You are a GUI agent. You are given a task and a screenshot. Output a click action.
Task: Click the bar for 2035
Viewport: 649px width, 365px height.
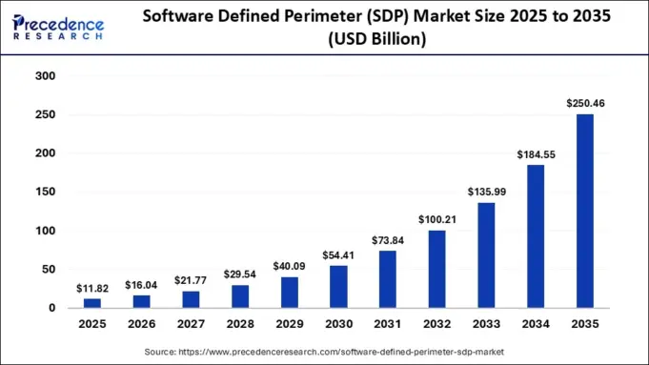584,211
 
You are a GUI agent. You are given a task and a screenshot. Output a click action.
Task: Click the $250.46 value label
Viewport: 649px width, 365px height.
584,102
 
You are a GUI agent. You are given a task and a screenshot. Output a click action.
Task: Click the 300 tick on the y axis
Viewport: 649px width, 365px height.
44,76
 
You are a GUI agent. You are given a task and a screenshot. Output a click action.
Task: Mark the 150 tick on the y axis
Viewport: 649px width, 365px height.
44,193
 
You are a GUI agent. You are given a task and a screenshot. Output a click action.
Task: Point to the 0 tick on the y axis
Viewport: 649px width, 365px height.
51,309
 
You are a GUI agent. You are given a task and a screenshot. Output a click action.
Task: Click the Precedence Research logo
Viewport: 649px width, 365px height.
60,27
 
